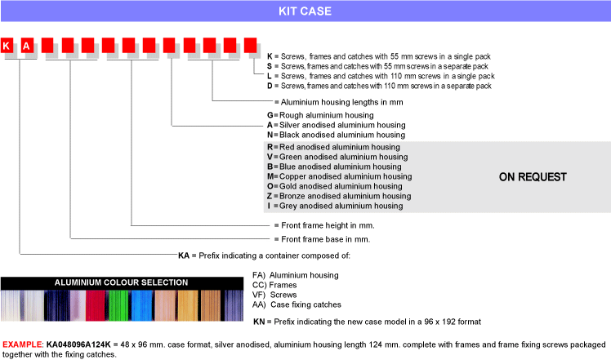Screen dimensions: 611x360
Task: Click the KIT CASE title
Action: point(305,11)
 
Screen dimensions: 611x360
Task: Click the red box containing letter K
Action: point(7,46)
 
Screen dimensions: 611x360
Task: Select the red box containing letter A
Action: point(27,46)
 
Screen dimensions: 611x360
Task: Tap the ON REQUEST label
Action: point(533,177)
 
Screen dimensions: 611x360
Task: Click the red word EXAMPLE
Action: point(22,344)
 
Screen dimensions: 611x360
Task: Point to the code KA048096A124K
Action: point(78,344)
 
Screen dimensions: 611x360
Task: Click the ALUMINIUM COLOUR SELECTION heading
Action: point(121,282)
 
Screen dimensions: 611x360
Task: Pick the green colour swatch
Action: point(118,305)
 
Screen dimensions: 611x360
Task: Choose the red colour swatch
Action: point(96,305)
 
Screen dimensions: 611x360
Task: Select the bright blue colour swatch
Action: point(141,305)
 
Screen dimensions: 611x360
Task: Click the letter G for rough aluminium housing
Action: point(270,115)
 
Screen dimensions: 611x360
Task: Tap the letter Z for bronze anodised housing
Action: point(270,196)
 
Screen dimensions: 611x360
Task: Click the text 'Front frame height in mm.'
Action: point(328,225)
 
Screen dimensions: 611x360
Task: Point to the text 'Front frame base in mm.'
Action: point(325,239)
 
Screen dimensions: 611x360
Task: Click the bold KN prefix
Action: point(259,322)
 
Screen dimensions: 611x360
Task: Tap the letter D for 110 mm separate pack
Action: point(270,86)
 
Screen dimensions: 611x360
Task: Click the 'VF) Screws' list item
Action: point(274,295)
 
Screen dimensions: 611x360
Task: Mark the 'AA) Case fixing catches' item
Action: point(297,304)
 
